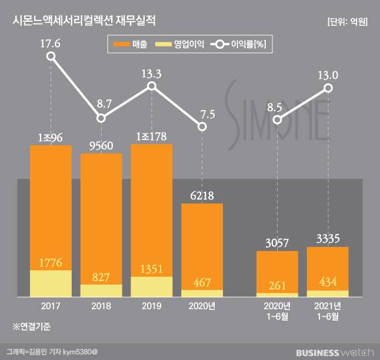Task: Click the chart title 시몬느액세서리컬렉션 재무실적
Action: pyautogui.click(x=85, y=22)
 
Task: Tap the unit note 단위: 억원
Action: pyautogui.click(x=347, y=22)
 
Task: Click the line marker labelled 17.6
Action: pyautogui.click(x=51, y=56)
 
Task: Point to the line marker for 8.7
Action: pyautogui.click(x=101, y=118)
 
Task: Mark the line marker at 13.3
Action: pyautogui.click(x=151, y=86)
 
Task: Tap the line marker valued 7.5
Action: pyautogui.click(x=202, y=126)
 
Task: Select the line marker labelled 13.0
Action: pyautogui.click(x=328, y=88)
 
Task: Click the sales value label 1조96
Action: pyautogui.click(x=51, y=137)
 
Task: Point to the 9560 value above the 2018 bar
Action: pyautogui.click(x=101, y=145)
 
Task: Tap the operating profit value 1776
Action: pyautogui.click(x=51, y=262)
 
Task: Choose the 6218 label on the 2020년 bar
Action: pyautogui.click(x=202, y=195)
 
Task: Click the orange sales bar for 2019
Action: pyautogui.click(x=151, y=206)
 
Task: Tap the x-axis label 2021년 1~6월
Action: pyautogui.click(x=328, y=311)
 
